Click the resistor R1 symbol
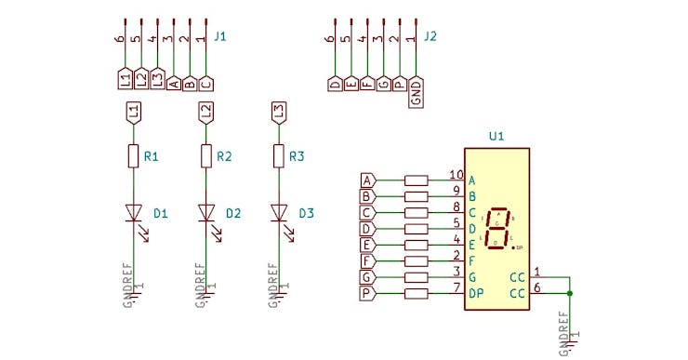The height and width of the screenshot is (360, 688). [x=133, y=156]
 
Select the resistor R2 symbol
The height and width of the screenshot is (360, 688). [x=205, y=156]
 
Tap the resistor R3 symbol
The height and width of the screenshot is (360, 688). [x=278, y=156]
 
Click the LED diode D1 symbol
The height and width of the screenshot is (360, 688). [x=133, y=213]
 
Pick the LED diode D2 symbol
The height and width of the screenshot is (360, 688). [x=205, y=213]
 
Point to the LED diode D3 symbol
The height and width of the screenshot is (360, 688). [x=278, y=213]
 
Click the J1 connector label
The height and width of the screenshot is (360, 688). [x=220, y=37]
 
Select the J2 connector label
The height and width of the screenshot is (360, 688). [x=430, y=37]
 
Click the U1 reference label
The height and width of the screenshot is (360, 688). [x=496, y=137]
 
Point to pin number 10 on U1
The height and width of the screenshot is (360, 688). [x=456, y=175]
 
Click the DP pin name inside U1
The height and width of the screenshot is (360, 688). [x=476, y=294]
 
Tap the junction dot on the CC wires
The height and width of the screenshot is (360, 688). [x=569, y=294]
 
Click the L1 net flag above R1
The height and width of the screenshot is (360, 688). [x=133, y=112]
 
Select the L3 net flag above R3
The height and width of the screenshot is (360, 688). [x=278, y=112]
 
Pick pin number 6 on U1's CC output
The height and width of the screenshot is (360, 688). [x=537, y=287]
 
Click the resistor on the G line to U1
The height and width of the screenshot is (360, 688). [x=417, y=278]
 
